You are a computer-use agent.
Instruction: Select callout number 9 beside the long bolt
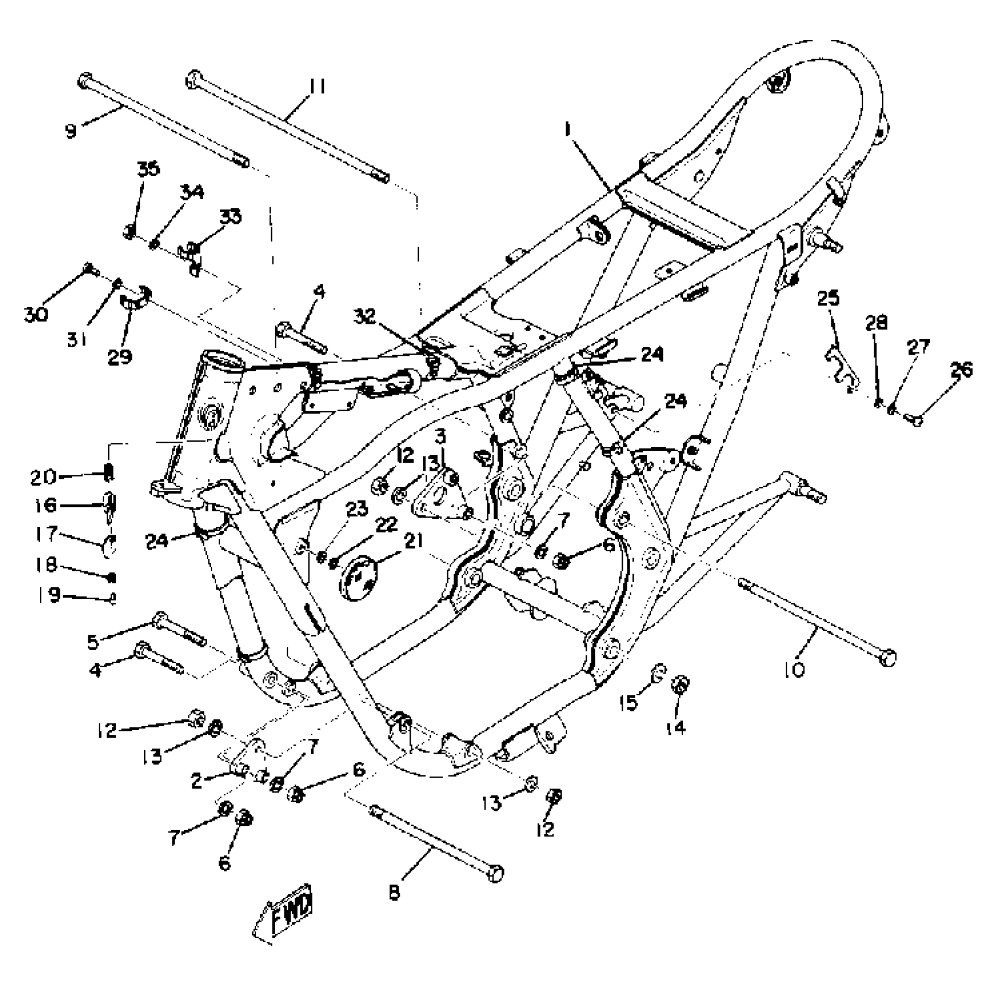click(x=71, y=131)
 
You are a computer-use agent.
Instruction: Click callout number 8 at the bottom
click(x=394, y=892)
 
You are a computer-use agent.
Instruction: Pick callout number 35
click(x=148, y=170)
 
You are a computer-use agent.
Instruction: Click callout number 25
click(x=828, y=298)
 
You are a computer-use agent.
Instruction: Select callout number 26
click(x=961, y=370)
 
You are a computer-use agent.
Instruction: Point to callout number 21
click(x=413, y=541)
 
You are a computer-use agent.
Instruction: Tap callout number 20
click(x=44, y=477)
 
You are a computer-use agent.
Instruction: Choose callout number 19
click(x=53, y=596)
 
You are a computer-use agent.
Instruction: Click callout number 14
click(x=676, y=726)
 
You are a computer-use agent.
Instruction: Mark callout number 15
click(x=629, y=703)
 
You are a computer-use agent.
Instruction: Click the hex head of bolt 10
click(x=888, y=659)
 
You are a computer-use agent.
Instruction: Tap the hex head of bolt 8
click(x=495, y=873)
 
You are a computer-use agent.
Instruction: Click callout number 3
click(x=441, y=436)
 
